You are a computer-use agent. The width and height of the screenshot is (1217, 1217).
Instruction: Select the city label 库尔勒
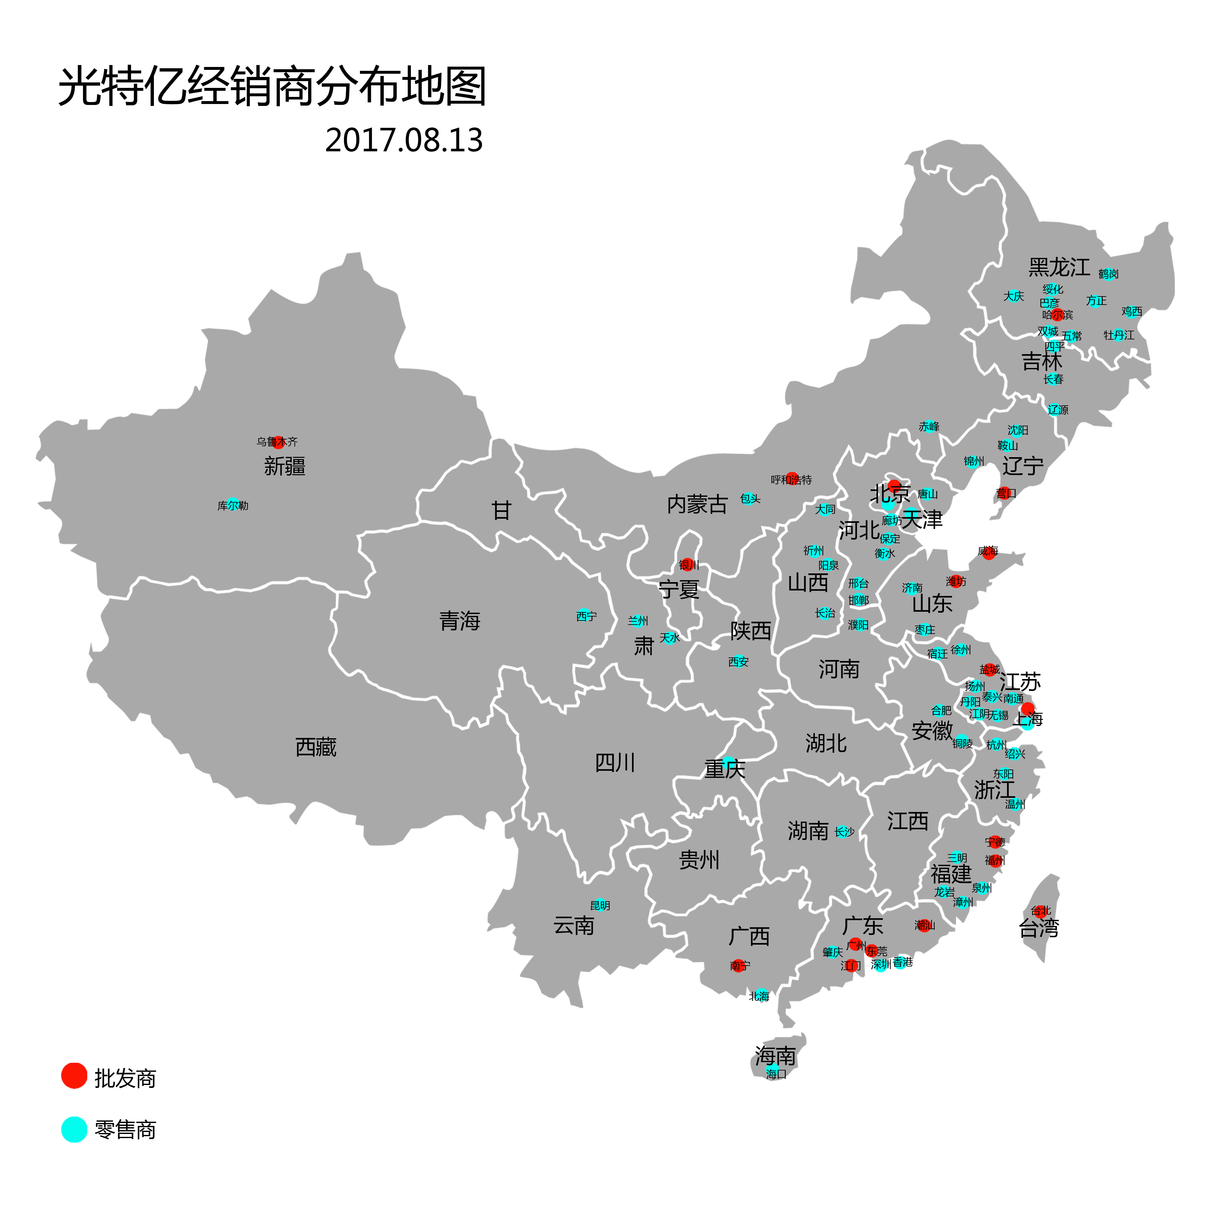233,506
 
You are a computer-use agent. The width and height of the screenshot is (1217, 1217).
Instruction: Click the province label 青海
460,621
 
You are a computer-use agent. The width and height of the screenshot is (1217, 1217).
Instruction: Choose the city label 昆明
600,906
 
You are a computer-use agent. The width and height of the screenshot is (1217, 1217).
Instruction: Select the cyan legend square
74,1129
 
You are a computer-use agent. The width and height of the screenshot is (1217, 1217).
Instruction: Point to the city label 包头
750,499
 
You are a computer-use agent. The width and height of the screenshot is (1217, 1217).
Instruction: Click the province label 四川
616,763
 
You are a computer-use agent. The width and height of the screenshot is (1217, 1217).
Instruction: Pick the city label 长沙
844,832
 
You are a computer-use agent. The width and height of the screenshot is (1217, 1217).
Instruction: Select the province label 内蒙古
697,505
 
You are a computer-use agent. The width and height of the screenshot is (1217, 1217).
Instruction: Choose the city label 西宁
587,616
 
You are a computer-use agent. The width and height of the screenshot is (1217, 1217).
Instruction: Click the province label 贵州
699,860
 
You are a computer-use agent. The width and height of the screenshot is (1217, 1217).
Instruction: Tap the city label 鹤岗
1109,274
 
